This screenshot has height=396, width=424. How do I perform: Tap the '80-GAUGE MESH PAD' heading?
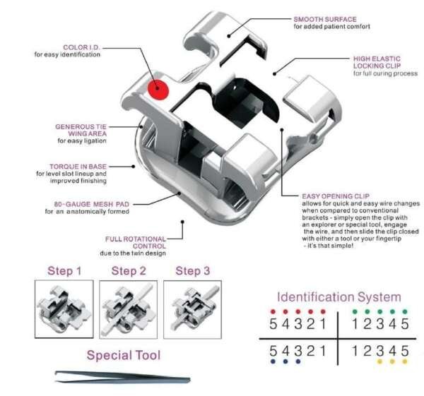(x=92, y=204)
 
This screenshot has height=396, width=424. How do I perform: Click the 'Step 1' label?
(x=64, y=270)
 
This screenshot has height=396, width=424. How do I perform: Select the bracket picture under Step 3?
(x=192, y=308)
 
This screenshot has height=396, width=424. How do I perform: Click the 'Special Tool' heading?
(x=123, y=355)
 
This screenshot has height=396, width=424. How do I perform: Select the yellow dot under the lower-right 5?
(x=404, y=361)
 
